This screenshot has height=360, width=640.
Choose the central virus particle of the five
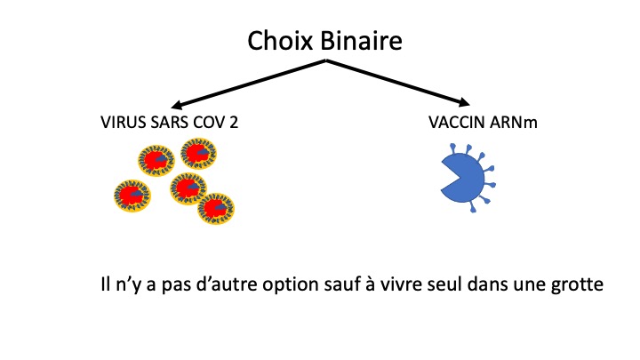tap(188, 188)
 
